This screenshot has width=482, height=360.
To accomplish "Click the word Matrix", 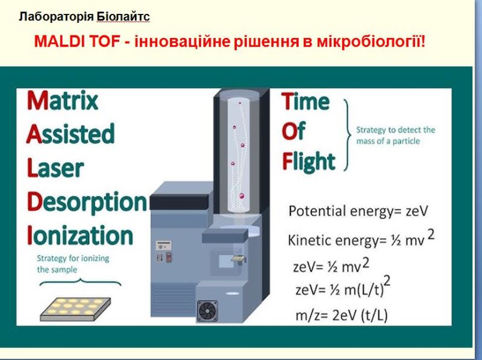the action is click(63, 101).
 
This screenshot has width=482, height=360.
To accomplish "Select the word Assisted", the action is click(70, 133).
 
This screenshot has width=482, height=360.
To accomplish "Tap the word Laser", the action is click(55, 168).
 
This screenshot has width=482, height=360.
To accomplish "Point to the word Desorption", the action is click(87, 203).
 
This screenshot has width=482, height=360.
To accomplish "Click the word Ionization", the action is click(80, 235).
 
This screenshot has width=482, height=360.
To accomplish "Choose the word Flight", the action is click(308, 162).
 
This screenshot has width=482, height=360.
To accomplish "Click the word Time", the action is click(305, 101).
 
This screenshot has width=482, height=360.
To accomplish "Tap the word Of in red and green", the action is click(293, 131).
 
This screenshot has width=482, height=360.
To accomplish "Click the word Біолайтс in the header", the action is click(124, 16).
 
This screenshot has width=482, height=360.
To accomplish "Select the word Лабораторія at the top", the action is click(56, 16).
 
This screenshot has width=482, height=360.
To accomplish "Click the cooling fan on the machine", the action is click(207, 311).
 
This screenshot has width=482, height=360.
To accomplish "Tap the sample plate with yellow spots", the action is click(75, 309).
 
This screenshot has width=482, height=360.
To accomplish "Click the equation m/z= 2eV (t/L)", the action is click(342, 315).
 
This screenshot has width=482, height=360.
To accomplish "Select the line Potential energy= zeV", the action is click(358, 211).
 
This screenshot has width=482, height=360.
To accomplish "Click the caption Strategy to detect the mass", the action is click(396, 136).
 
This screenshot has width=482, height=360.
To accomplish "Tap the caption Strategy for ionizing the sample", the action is click(73, 264).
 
